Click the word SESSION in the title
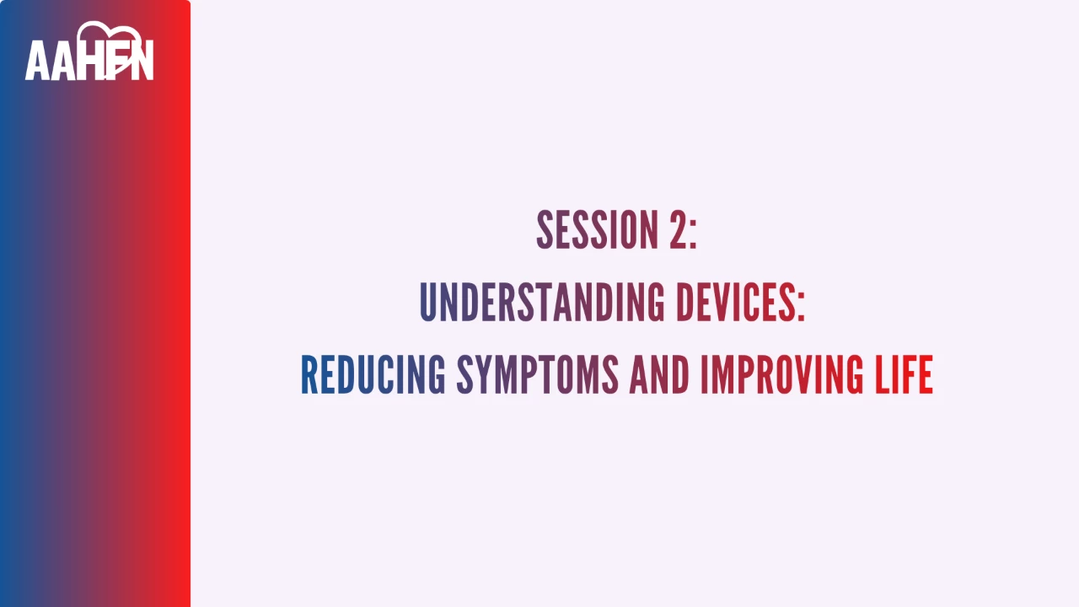(x=598, y=230)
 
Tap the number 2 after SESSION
(x=679, y=230)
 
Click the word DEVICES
(x=736, y=302)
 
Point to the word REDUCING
(x=373, y=375)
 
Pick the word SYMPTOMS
(x=538, y=375)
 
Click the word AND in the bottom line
(x=659, y=375)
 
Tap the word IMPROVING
(x=781, y=375)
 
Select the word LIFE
(x=905, y=375)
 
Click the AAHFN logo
(x=89, y=51)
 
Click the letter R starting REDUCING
(x=309, y=375)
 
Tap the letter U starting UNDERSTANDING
(x=429, y=303)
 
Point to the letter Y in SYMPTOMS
(x=484, y=375)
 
